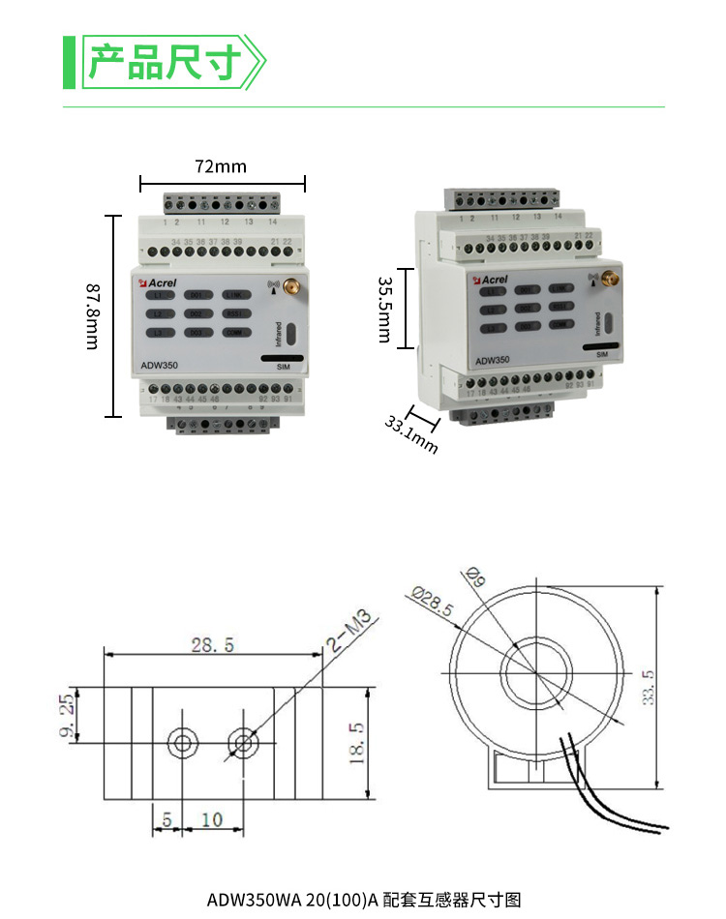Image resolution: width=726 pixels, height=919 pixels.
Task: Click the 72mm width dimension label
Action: (221, 166)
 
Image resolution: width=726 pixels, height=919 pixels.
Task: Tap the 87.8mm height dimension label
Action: (92, 316)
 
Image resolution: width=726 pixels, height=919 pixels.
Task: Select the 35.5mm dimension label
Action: (383, 310)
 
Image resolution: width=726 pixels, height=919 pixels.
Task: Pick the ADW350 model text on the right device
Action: (492, 360)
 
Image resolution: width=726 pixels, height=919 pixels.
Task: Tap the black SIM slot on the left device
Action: (283, 358)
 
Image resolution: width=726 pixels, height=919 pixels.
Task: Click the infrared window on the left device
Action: (290, 334)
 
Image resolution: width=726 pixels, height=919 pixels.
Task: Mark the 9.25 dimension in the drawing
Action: (66, 715)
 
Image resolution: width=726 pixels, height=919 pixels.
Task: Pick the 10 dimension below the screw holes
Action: (212, 820)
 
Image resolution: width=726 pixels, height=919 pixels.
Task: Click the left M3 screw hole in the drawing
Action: (182, 743)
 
